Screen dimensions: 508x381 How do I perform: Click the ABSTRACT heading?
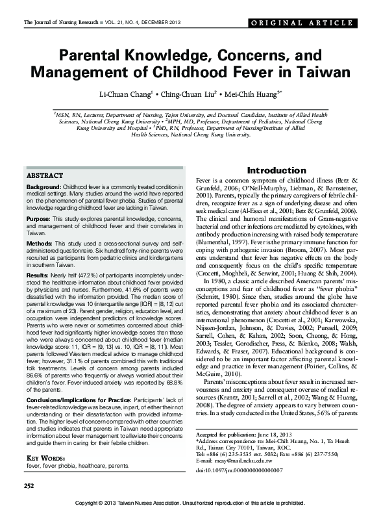point(45,176)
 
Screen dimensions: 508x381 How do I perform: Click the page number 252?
point(29,486)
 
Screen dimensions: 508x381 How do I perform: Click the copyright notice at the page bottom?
point(191,503)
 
